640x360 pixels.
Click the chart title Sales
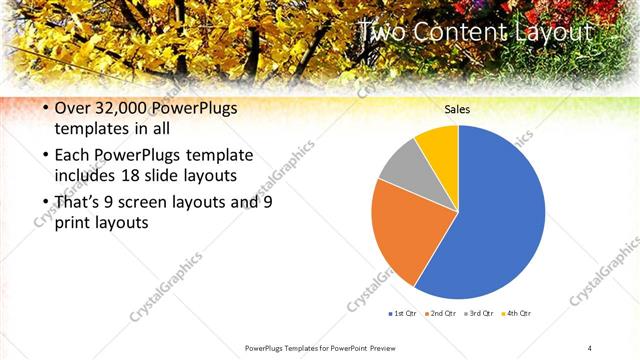[457, 110]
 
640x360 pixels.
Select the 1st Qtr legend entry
[402, 313]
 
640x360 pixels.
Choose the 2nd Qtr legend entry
[442, 313]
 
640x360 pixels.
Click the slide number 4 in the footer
[590, 347]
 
